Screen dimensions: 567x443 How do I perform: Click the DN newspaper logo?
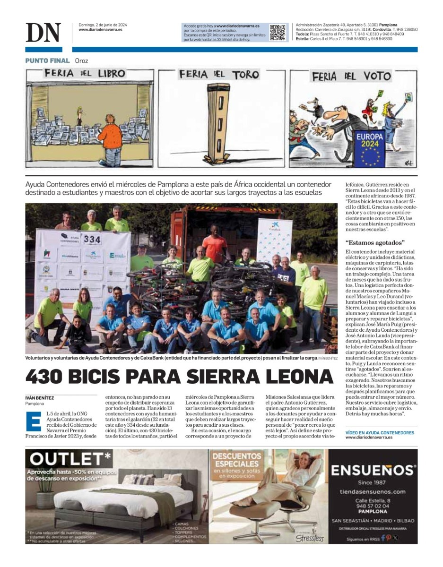coord(43,33)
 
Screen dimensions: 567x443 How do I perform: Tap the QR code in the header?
coord(278,33)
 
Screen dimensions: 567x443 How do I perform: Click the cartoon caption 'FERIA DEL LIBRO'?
coord(85,73)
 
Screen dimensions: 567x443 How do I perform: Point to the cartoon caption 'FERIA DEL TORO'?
coord(218,75)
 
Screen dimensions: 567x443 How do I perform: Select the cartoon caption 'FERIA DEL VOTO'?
coord(351,76)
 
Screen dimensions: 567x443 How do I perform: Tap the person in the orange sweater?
coord(111,137)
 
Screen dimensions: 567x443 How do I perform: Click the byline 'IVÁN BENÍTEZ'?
coord(39,398)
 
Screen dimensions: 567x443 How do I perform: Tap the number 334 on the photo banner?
coord(92,240)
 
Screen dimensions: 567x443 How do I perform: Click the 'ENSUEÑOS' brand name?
coord(373,470)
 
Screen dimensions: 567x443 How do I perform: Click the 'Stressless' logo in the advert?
coord(310,538)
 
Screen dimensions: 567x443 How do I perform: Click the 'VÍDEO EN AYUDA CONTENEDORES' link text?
coord(380,432)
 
